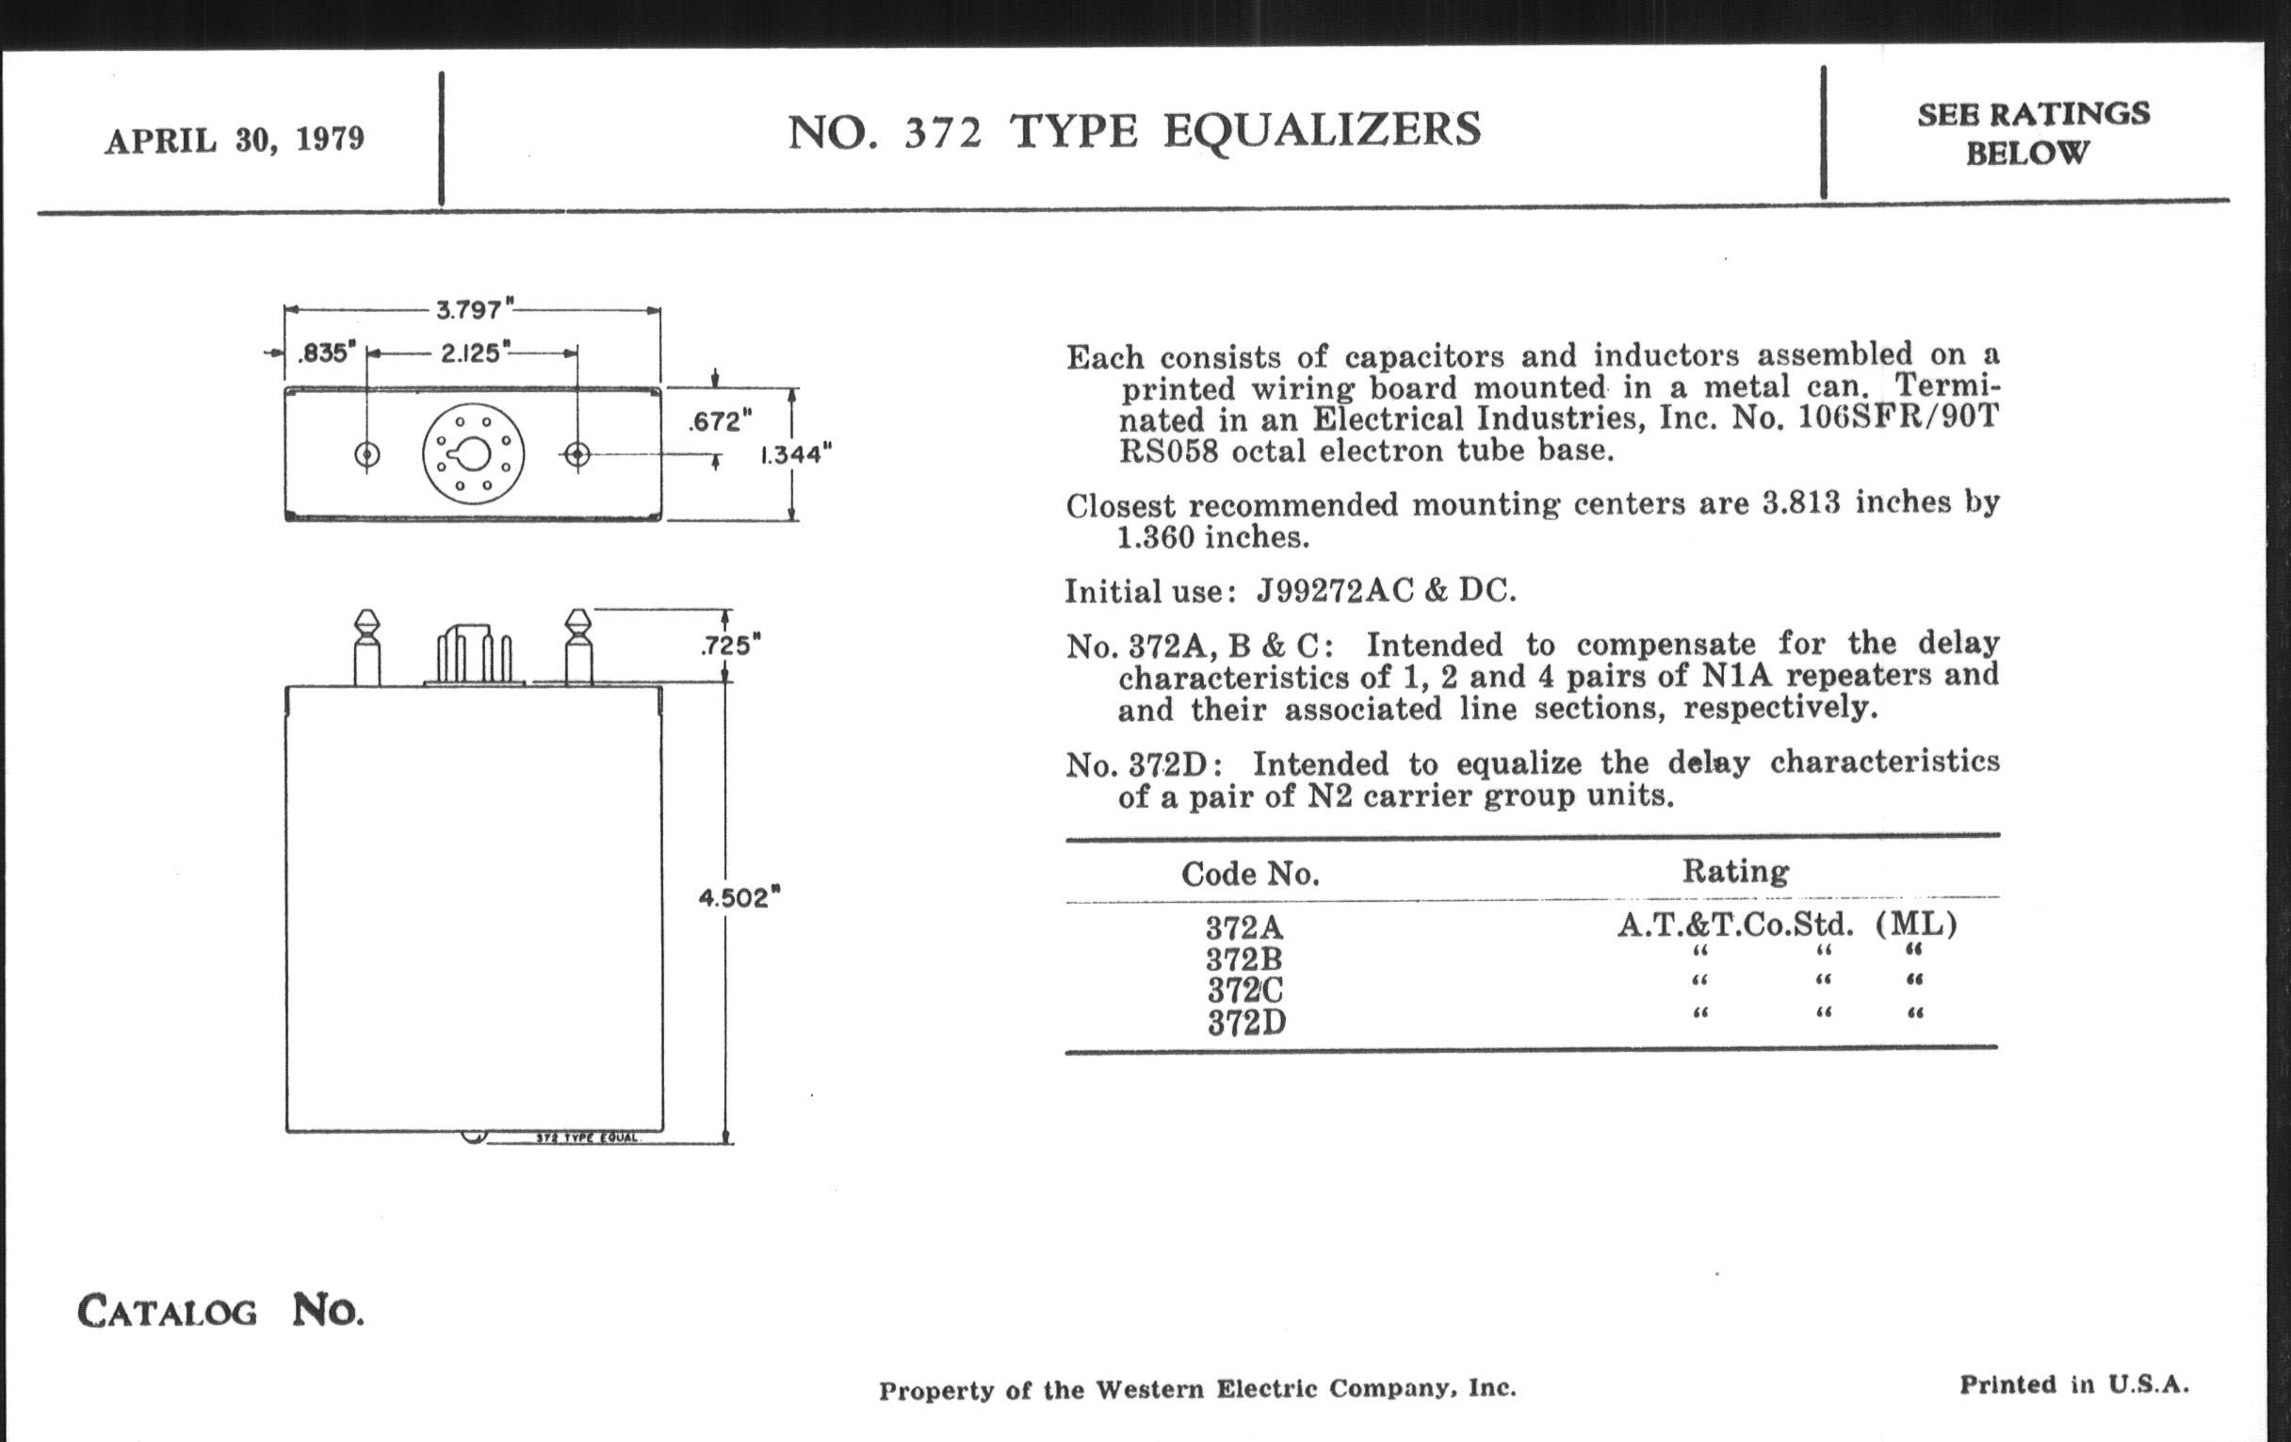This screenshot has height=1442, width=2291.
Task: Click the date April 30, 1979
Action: pyautogui.click(x=234, y=139)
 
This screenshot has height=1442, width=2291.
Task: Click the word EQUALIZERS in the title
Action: pyautogui.click(x=1322, y=131)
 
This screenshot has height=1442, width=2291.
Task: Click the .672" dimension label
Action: pyautogui.click(x=721, y=420)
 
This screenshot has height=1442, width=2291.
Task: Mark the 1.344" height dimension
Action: pyautogui.click(x=795, y=455)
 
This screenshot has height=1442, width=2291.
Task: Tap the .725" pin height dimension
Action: pyautogui.click(x=731, y=647)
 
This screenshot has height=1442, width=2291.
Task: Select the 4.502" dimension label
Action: pyautogui.click(x=739, y=897)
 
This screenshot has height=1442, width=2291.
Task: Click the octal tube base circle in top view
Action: pyautogui.click(x=472, y=455)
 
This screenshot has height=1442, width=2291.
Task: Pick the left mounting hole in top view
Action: pyautogui.click(x=367, y=455)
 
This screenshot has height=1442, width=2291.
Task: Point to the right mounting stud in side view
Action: pyautogui.click(x=578, y=649)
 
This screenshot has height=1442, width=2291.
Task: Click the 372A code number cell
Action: pyautogui.click(x=1244, y=927)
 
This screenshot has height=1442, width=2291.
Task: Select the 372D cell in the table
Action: pyautogui.click(x=1246, y=1024)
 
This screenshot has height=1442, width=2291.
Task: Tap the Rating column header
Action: pyautogui.click(x=1734, y=872)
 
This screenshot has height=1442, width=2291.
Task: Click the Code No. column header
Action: pyautogui.click(x=1250, y=874)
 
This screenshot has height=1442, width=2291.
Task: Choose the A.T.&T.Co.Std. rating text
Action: pyautogui.click(x=1735, y=925)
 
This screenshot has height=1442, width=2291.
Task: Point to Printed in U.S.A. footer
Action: pyautogui.click(x=2073, y=1385)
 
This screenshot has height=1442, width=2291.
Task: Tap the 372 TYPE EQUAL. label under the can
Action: pyautogui.click(x=586, y=1139)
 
